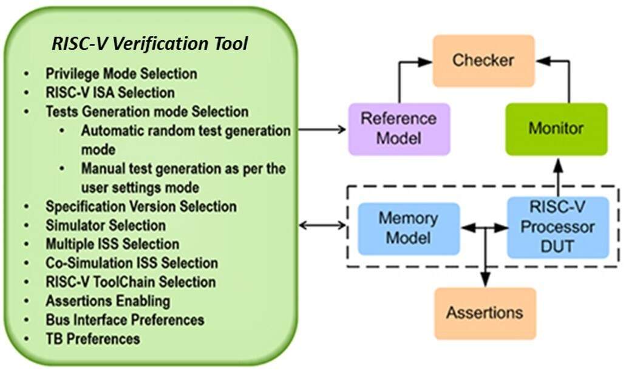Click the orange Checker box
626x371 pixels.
[x=483, y=61]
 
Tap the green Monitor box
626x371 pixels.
[x=556, y=129]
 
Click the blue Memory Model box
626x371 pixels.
[x=408, y=228]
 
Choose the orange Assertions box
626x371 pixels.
[x=485, y=313]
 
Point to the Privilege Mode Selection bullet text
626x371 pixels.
[x=121, y=73]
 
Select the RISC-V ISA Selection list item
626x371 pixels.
[x=110, y=92]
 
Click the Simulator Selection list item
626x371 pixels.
[x=106, y=225]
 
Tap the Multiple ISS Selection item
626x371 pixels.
[x=112, y=244]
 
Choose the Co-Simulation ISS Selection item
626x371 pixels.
[x=132, y=263]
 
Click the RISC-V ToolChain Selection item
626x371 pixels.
[x=131, y=282]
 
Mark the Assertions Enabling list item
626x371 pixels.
[x=108, y=301]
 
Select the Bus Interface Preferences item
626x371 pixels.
[x=124, y=319]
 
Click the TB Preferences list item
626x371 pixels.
[x=93, y=338]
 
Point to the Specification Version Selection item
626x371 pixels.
[x=141, y=206]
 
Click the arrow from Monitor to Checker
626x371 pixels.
[x=568, y=79]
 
